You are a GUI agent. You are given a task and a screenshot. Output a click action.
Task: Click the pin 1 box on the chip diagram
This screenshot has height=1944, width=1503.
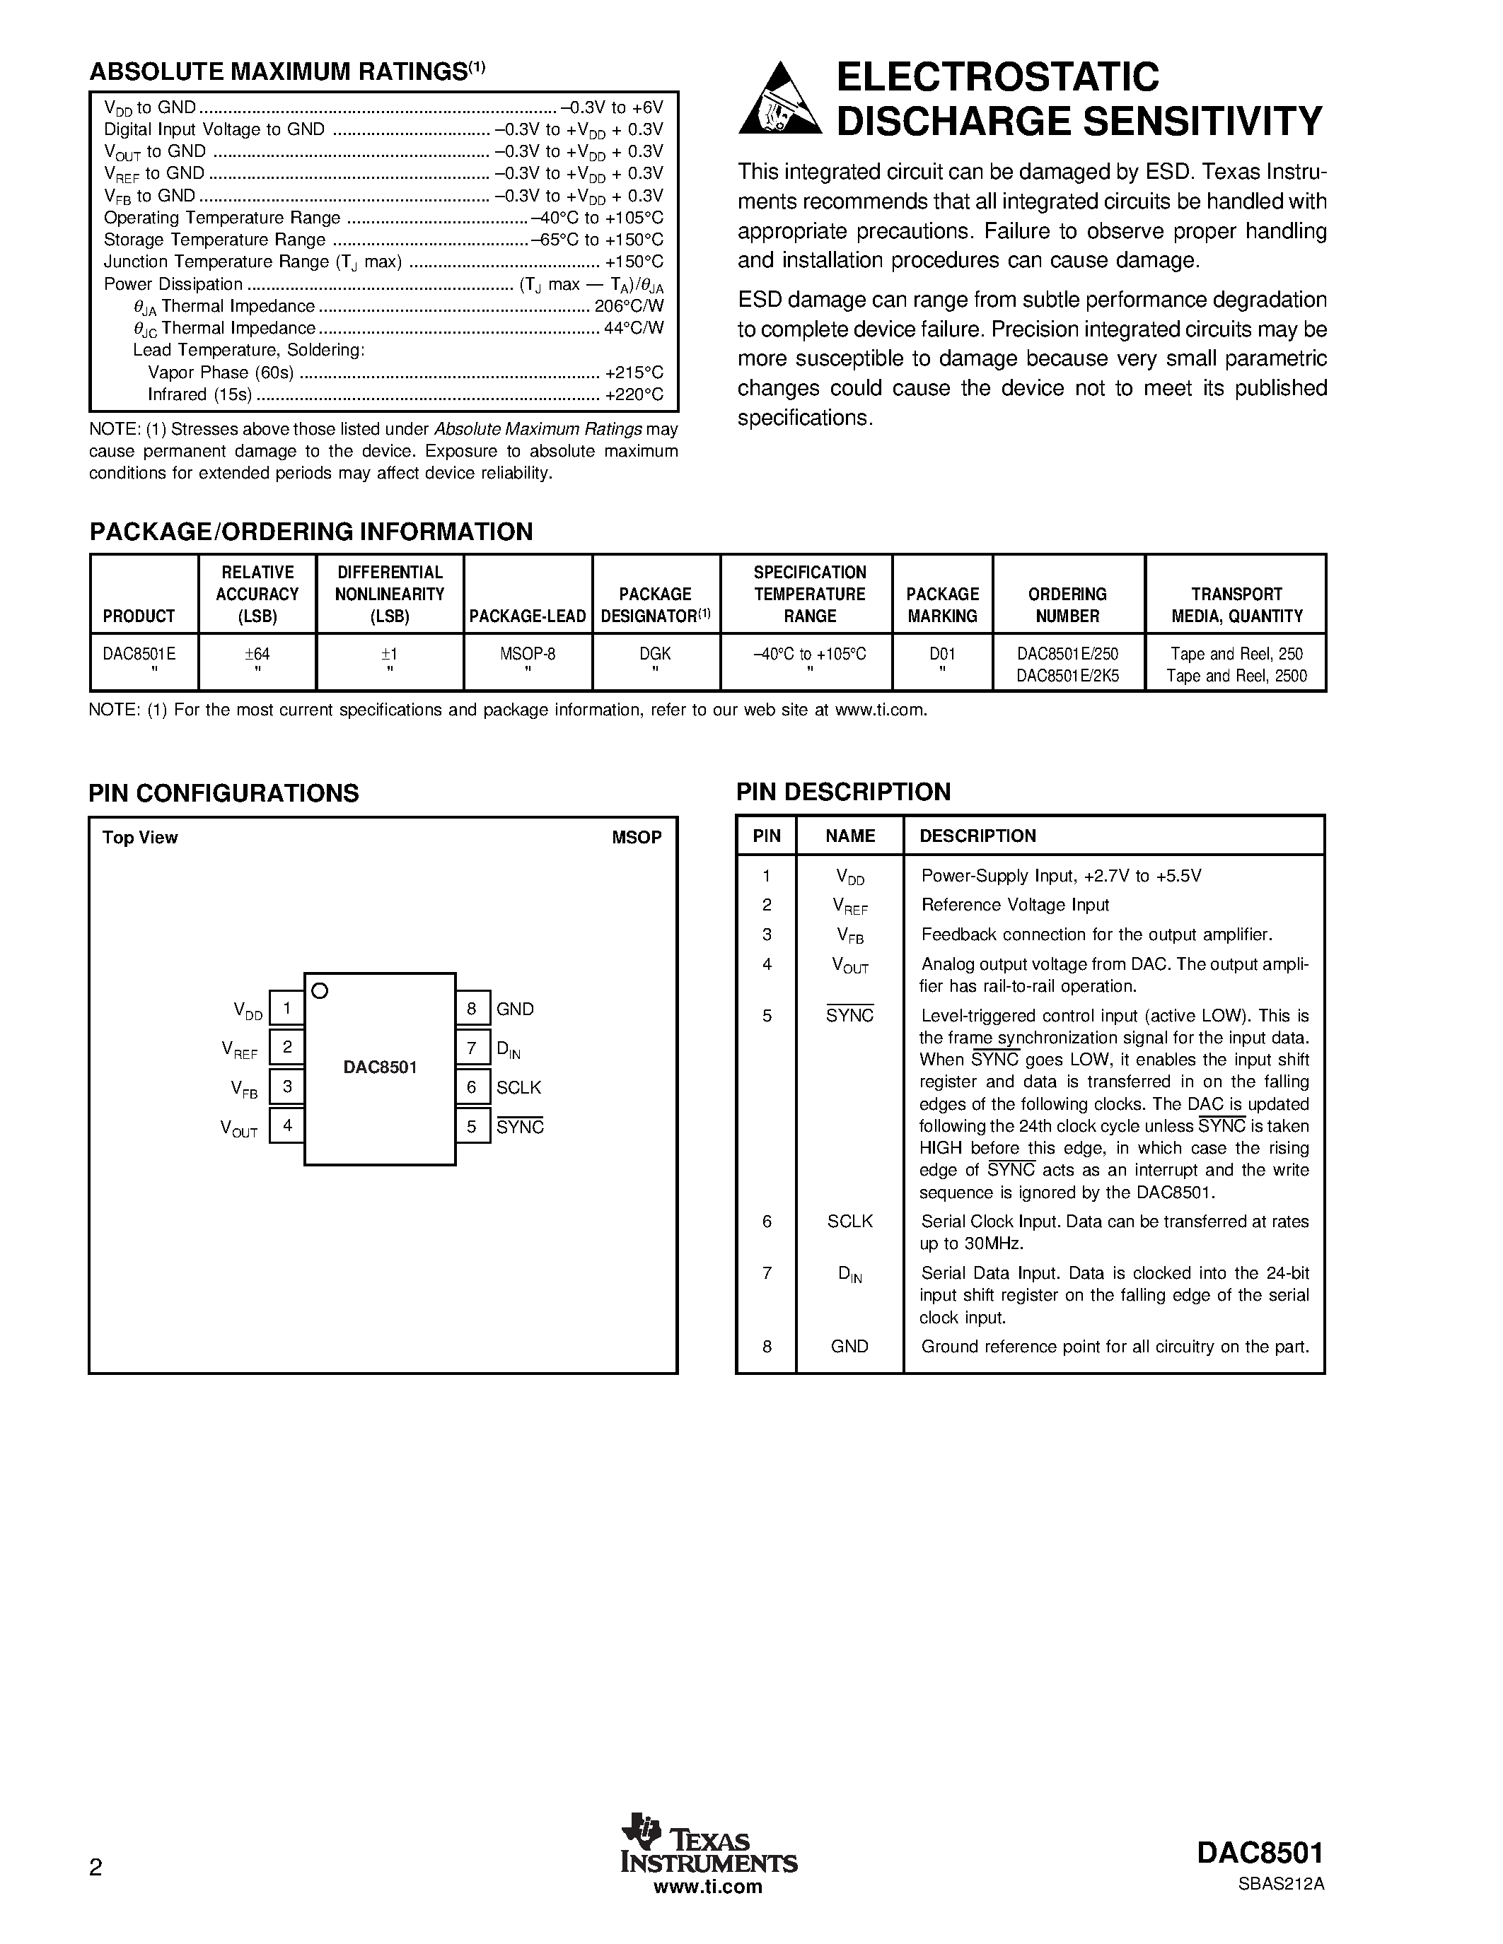(286, 1009)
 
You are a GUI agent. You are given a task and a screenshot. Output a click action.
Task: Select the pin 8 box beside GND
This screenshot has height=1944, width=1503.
(472, 1009)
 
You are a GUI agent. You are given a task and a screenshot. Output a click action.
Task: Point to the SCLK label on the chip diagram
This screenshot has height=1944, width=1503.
(518, 1087)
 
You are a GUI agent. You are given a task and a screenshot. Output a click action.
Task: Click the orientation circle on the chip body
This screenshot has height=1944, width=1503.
(320, 990)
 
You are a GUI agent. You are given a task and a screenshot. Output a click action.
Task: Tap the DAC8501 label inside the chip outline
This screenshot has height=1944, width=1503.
(381, 1067)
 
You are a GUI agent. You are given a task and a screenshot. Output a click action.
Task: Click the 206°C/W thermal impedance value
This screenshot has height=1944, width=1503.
(629, 306)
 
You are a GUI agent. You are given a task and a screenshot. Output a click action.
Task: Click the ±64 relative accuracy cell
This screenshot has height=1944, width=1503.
(257, 653)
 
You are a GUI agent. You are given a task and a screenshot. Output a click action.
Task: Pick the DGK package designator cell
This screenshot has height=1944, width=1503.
(656, 653)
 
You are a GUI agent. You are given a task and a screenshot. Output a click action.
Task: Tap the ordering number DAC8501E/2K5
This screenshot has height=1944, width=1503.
(1067, 676)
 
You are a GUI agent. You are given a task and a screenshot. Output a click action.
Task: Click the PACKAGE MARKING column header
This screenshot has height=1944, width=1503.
(942, 604)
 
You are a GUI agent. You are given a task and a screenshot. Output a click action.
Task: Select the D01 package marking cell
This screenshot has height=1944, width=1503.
(942, 653)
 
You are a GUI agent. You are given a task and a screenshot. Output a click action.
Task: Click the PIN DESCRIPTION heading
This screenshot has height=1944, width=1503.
(843, 791)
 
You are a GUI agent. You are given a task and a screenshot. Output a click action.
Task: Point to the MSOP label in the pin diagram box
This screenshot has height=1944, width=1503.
(637, 838)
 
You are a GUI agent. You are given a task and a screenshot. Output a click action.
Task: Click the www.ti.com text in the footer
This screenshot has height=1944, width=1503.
(708, 1886)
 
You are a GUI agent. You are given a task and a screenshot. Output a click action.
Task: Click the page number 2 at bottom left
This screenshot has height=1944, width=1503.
(96, 1866)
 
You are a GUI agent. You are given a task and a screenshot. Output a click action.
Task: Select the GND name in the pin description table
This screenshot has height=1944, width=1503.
(849, 1347)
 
